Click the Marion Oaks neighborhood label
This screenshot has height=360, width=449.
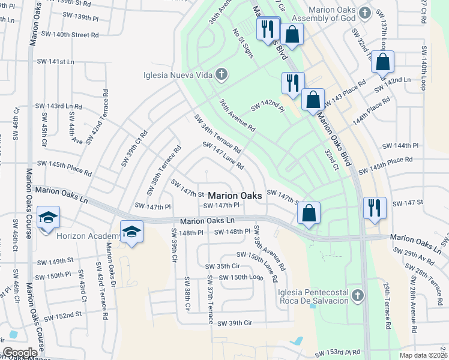[235, 196]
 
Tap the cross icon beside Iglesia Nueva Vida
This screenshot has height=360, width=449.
[221, 74]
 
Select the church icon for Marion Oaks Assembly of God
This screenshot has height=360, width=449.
[364, 12]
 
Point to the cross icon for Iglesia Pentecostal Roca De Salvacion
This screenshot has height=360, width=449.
[357, 295]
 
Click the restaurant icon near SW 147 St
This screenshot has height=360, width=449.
[375, 208]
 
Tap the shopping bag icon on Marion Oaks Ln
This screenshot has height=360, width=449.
[309, 213]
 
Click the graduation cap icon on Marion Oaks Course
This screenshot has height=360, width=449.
[48, 217]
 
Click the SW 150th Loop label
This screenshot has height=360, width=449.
[241, 277]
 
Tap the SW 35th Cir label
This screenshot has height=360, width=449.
[223, 266]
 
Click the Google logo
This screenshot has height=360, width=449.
[20, 353]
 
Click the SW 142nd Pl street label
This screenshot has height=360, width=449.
[267, 104]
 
